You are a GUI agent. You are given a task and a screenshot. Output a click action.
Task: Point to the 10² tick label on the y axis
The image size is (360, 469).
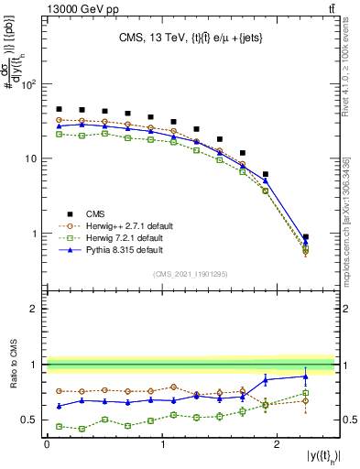[x=28, y=84]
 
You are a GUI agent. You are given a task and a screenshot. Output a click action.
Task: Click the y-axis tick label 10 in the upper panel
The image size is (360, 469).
[x=32, y=158]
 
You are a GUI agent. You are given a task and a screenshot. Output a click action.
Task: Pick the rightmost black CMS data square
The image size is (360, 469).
[x=305, y=237]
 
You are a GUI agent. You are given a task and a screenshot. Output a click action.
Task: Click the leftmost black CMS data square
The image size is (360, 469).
[x=60, y=109]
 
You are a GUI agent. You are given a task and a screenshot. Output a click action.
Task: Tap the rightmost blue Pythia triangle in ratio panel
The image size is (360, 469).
[x=305, y=376]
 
